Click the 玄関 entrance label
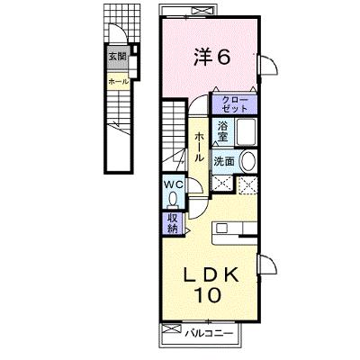pyautogui.click(x=117, y=57)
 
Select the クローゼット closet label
pyautogui.click(x=235, y=104)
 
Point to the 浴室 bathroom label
pyautogui.click(x=222, y=130)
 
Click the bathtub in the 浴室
pyautogui.click(x=246, y=131)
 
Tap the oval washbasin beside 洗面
pyautogui.click(x=248, y=161)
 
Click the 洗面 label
pyautogui.click(x=224, y=162)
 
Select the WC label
pyautogui.click(x=173, y=185)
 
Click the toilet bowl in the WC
pyautogui.click(x=173, y=200)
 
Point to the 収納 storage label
pyautogui.click(x=172, y=223)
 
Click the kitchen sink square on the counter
pyautogui.click(x=222, y=229)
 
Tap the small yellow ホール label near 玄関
pyautogui.click(x=119, y=81)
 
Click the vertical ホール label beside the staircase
pyautogui.click(x=199, y=148)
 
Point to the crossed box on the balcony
pyautogui.click(x=172, y=328)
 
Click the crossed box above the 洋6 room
pyautogui.click(x=203, y=12)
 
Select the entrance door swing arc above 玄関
pyautogui.click(x=118, y=32)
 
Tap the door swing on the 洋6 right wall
pyautogui.click(x=269, y=65)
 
